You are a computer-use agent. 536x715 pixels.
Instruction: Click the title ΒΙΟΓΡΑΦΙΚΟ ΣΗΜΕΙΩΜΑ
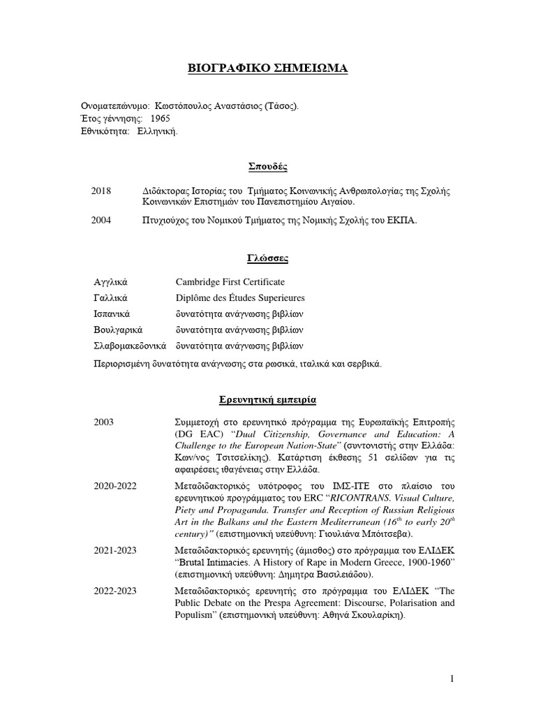pyautogui.click(x=267, y=68)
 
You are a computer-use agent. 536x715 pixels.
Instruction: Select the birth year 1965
pyautogui.click(x=160, y=118)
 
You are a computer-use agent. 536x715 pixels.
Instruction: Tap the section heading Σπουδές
pyautogui.click(x=268, y=166)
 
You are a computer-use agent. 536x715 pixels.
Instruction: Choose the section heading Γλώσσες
pyautogui.click(x=268, y=258)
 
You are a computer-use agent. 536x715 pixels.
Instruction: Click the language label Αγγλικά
pyautogui.click(x=111, y=281)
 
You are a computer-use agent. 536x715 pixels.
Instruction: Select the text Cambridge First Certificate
pyautogui.click(x=230, y=281)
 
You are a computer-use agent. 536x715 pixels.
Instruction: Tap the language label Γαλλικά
pyautogui.click(x=111, y=297)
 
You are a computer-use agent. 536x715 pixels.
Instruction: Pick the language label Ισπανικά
pyautogui.click(x=112, y=314)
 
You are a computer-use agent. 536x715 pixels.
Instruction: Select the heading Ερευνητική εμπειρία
pyautogui.click(x=268, y=400)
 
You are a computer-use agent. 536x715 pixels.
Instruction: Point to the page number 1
pyautogui.click(x=452, y=679)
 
